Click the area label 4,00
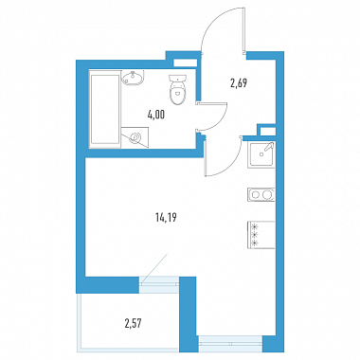pos(156,115)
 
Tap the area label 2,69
pos(239,83)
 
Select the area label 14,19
pos(166,218)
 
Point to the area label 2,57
pos(133,323)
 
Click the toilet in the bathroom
pos(178,89)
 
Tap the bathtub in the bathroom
pos(105,108)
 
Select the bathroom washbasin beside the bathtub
pos(133,78)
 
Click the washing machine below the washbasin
pos(135,137)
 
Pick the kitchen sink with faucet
pos(261,154)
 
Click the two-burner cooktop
pos(261,194)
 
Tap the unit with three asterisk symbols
pos(261,235)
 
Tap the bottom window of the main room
pos(229,344)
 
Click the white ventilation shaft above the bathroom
pos(186,63)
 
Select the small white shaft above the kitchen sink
pos(267,131)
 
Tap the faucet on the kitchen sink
pos(268,148)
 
